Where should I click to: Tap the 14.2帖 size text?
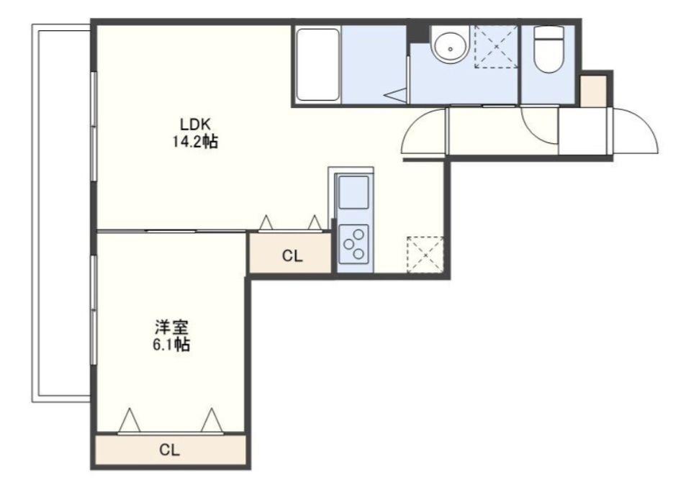click(196, 142)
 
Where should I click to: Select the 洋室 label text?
click(171, 327)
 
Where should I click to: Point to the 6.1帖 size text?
click(171, 345)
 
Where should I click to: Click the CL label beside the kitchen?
click(292, 256)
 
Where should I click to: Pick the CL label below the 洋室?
click(170, 450)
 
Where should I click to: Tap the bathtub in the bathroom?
click(317, 65)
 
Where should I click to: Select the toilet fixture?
click(548, 49)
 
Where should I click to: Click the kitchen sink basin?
click(353, 192)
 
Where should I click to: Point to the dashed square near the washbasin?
click(496, 47)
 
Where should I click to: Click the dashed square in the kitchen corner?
click(425, 255)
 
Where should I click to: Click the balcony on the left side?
click(60, 213)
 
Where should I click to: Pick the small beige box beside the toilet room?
click(593, 91)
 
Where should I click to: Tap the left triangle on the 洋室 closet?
click(129, 420)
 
